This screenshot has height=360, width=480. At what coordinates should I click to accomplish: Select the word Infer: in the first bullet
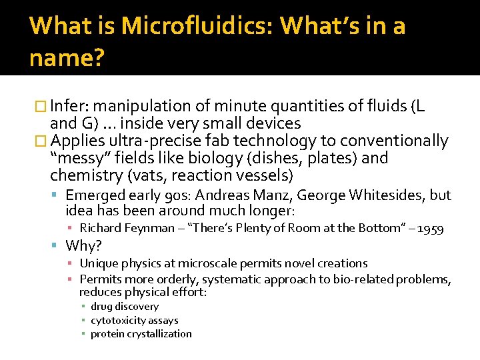(x=73, y=106)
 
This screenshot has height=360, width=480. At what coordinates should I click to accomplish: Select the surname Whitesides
(x=391, y=195)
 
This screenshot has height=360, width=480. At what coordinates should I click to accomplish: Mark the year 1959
(x=430, y=229)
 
